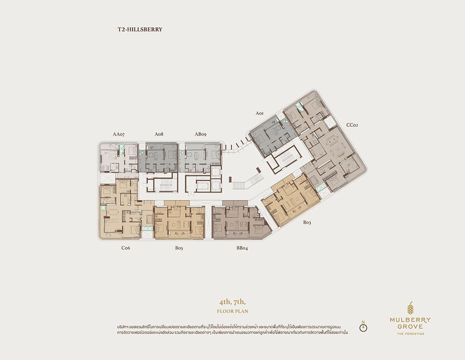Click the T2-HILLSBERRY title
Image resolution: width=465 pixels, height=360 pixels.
[x=139, y=29]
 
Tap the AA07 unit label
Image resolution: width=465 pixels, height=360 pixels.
[x=119, y=134]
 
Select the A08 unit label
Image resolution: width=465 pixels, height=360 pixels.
[x=159, y=134]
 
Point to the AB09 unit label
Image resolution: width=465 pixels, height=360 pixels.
[x=200, y=134]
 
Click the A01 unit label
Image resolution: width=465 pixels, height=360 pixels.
[x=259, y=113]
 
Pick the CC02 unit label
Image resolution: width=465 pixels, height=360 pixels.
[x=352, y=125]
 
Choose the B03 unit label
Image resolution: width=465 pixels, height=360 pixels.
[x=307, y=222]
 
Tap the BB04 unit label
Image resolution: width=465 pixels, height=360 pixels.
[x=242, y=248]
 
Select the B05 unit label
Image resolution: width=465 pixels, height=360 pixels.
[x=179, y=248]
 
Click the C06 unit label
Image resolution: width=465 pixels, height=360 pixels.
[x=126, y=248]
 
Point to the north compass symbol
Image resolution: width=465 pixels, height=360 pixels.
[x=363, y=327]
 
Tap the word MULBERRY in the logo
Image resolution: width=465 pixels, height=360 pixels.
[x=410, y=320]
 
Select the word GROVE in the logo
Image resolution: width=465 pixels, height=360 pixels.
[x=410, y=327]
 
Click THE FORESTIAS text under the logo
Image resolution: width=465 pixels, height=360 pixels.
[x=411, y=333]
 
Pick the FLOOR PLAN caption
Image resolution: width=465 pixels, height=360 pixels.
[x=232, y=311]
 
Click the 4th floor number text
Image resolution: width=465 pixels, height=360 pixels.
[x=225, y=302]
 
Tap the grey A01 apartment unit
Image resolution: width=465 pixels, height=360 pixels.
[x=273, y=136]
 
